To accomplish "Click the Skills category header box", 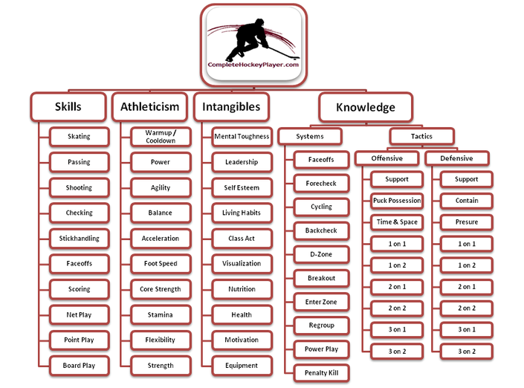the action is click(68, 106).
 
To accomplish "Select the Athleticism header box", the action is click(149, 106).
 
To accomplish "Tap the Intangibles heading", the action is click(231, 106).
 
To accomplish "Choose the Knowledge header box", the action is click(366, 107).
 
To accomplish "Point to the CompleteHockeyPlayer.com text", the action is click(253, 65).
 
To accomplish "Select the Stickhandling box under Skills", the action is click(80, 239).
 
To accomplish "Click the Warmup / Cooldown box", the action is click(161, 136).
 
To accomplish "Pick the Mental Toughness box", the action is click(242, 136).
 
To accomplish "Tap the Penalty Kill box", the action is click(322, 373).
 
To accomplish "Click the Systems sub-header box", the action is click(310, 136).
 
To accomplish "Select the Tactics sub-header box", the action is click(421, 136).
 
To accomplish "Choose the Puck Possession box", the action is click(397, 201).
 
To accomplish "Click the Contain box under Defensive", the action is click(467, 201).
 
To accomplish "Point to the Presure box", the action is click(467, 222).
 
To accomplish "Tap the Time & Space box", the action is click(397, 222).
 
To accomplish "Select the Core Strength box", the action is click(161, 289).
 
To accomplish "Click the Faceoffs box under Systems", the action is click(322, 160).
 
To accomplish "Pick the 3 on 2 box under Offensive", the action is click(397, 352).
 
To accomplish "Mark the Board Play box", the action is click(80, 366).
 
